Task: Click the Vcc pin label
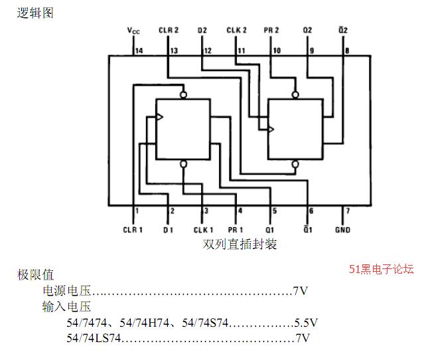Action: [133, 31]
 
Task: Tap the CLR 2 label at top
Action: [169, 30]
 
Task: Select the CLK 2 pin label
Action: [237, 30]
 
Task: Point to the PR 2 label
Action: [271, 30]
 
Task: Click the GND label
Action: [342, 230]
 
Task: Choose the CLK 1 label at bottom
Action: [203, 230]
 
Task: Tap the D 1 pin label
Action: [168, 230]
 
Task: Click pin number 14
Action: [139, 50]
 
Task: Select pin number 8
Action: [347, 50]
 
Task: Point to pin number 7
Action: [348, 211]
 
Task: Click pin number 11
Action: [242, 50]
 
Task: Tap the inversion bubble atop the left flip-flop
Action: [184, 95]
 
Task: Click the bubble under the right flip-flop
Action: [295, 164]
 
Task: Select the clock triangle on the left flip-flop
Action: [160, 117]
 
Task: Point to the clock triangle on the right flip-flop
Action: [271, 129]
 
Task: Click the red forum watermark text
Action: [381, 269]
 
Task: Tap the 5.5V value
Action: [306, 323]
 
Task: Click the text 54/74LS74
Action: [94, 338]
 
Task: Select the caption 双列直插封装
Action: [240, 244]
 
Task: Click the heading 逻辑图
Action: [35, 13]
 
